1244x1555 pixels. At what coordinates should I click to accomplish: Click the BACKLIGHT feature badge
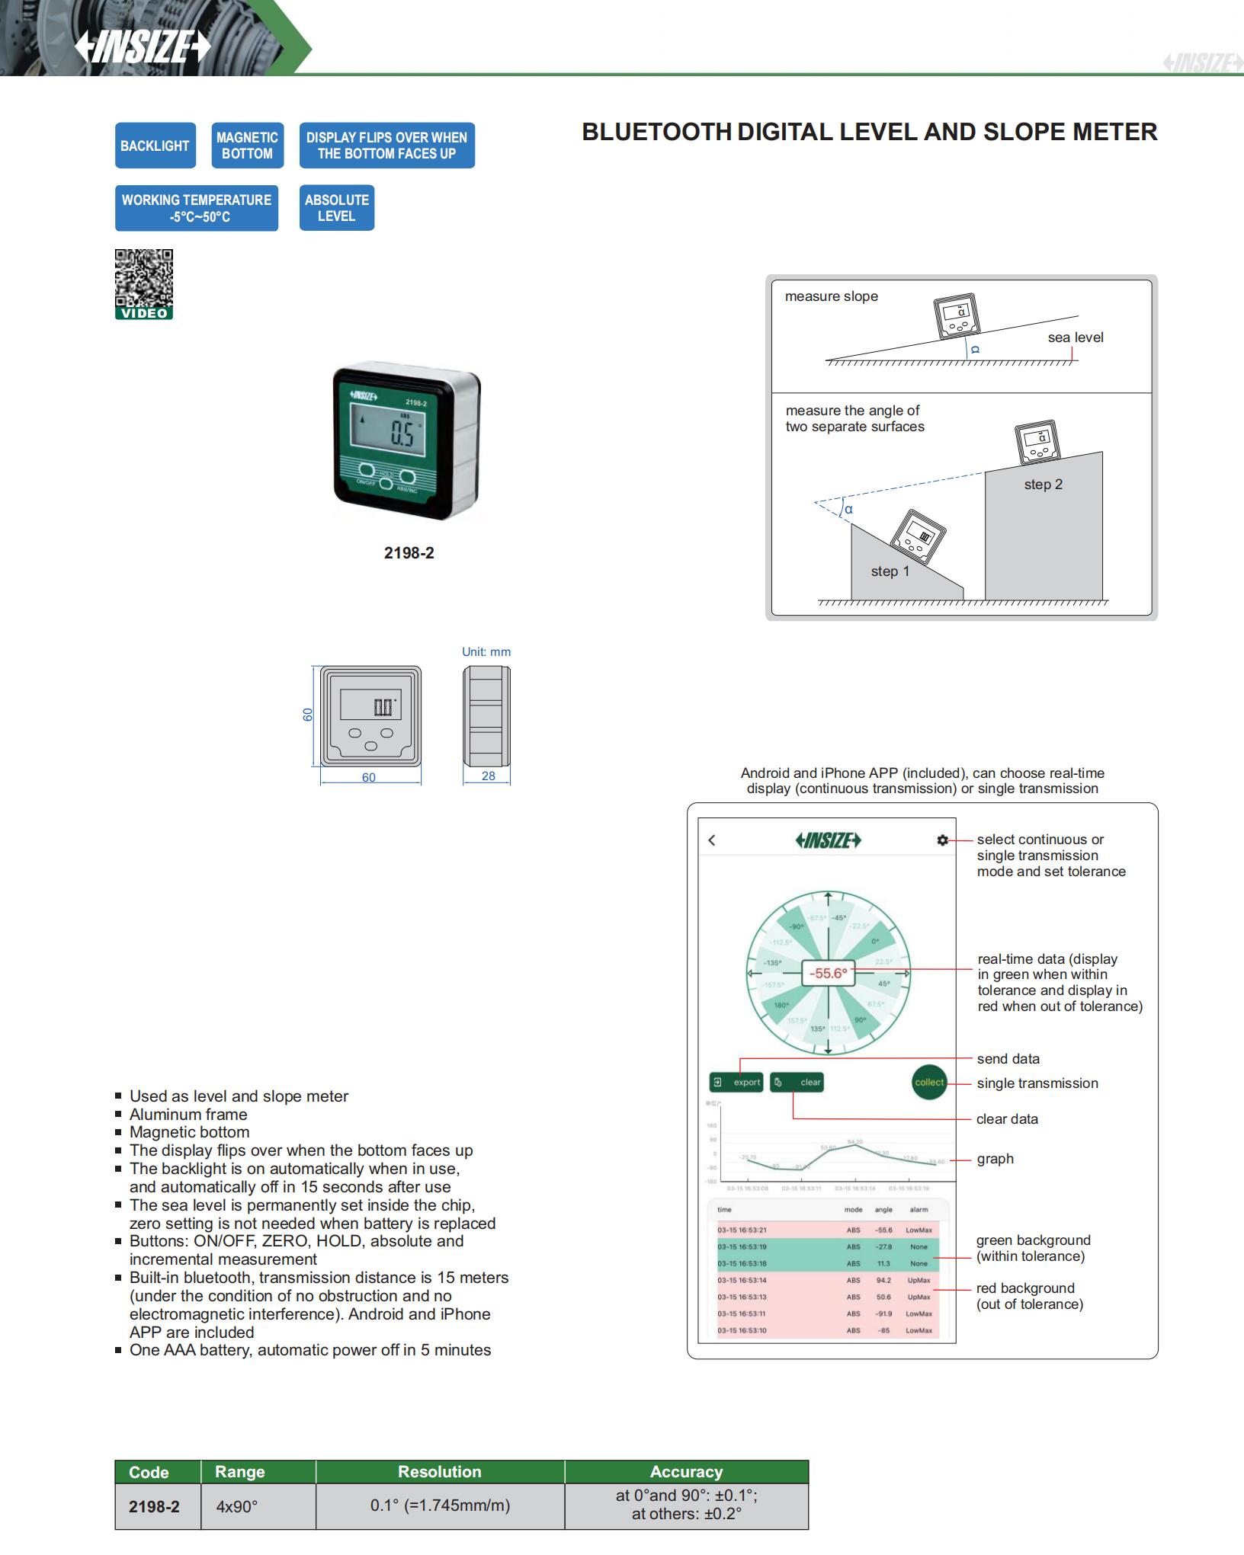[155, 146]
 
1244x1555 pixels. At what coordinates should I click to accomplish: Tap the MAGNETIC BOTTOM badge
[247, 146]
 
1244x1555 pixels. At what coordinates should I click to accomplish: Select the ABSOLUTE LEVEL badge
[336, 208]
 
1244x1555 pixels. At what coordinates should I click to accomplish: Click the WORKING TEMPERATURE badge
[197, 208]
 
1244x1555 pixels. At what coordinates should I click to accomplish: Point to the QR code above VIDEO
[144, 278]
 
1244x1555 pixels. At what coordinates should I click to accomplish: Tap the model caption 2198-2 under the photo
[409, 553]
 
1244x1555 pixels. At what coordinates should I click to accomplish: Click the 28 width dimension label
[488, 776]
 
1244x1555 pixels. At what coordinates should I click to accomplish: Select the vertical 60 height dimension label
[308, 715]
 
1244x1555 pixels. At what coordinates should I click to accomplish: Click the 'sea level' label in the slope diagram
[1075, 338]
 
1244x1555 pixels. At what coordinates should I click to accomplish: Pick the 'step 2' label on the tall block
[1043, 485]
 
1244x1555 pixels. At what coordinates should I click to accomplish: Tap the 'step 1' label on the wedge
[890, 571]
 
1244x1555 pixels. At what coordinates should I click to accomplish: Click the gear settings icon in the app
[943, 840]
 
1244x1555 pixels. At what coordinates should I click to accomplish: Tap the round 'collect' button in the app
[929, 1082]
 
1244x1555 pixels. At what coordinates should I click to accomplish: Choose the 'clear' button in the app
[797, 1082]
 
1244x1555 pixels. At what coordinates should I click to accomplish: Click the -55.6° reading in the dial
[828, 973]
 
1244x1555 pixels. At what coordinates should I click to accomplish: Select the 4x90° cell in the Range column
[237, 1505]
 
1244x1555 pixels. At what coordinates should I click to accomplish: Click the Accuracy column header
[686, 1471]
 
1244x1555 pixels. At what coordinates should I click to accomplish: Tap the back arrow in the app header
[712, 840]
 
